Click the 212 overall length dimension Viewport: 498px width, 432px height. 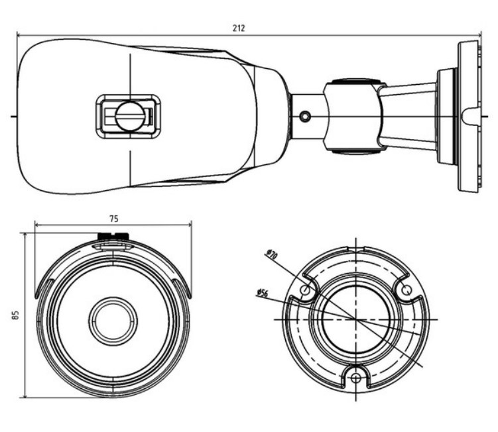click(x=239, y=28)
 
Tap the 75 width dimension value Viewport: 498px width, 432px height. click(x=113, y=218)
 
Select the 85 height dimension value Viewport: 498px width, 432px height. click(x=15, y=315)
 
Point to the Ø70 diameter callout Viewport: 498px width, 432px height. click(x=270, y=252)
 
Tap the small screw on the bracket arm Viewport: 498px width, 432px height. click(x=305, y=117)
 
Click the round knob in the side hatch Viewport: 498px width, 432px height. click(x=129, y=117)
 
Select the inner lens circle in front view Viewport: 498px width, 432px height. click(x=111, y=321)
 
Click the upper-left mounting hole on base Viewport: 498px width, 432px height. click(x=305, y=290)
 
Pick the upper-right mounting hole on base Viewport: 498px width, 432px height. click(x=406, y=290)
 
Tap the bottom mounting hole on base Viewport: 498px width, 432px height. click(x=356, y=378)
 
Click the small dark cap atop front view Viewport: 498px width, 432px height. click(x=113, y=235)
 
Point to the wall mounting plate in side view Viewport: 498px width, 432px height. click(x=468, y=117)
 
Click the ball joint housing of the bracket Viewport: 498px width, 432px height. click(x=351, y=117)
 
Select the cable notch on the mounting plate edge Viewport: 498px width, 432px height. click(x=469, y=117)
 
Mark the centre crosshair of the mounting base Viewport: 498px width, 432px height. click(x=356, y=319)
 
